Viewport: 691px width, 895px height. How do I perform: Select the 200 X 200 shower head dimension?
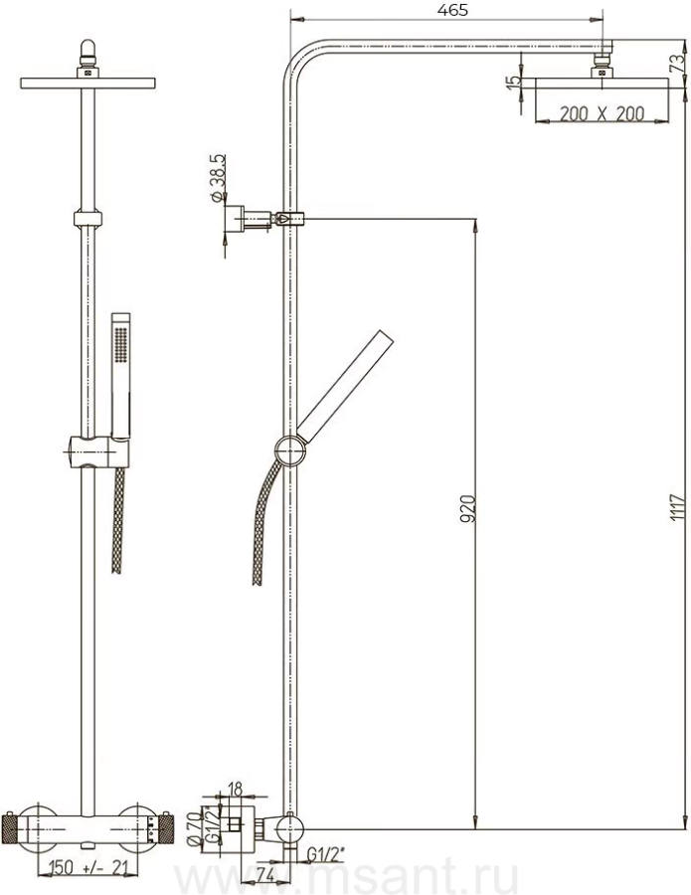point(602,113)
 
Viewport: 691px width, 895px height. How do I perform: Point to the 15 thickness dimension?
point(514,81)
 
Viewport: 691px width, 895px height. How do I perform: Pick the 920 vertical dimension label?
point(467,509)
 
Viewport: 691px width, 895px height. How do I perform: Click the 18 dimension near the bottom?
point(235,789)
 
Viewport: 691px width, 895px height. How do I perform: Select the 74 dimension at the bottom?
point(263,875)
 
